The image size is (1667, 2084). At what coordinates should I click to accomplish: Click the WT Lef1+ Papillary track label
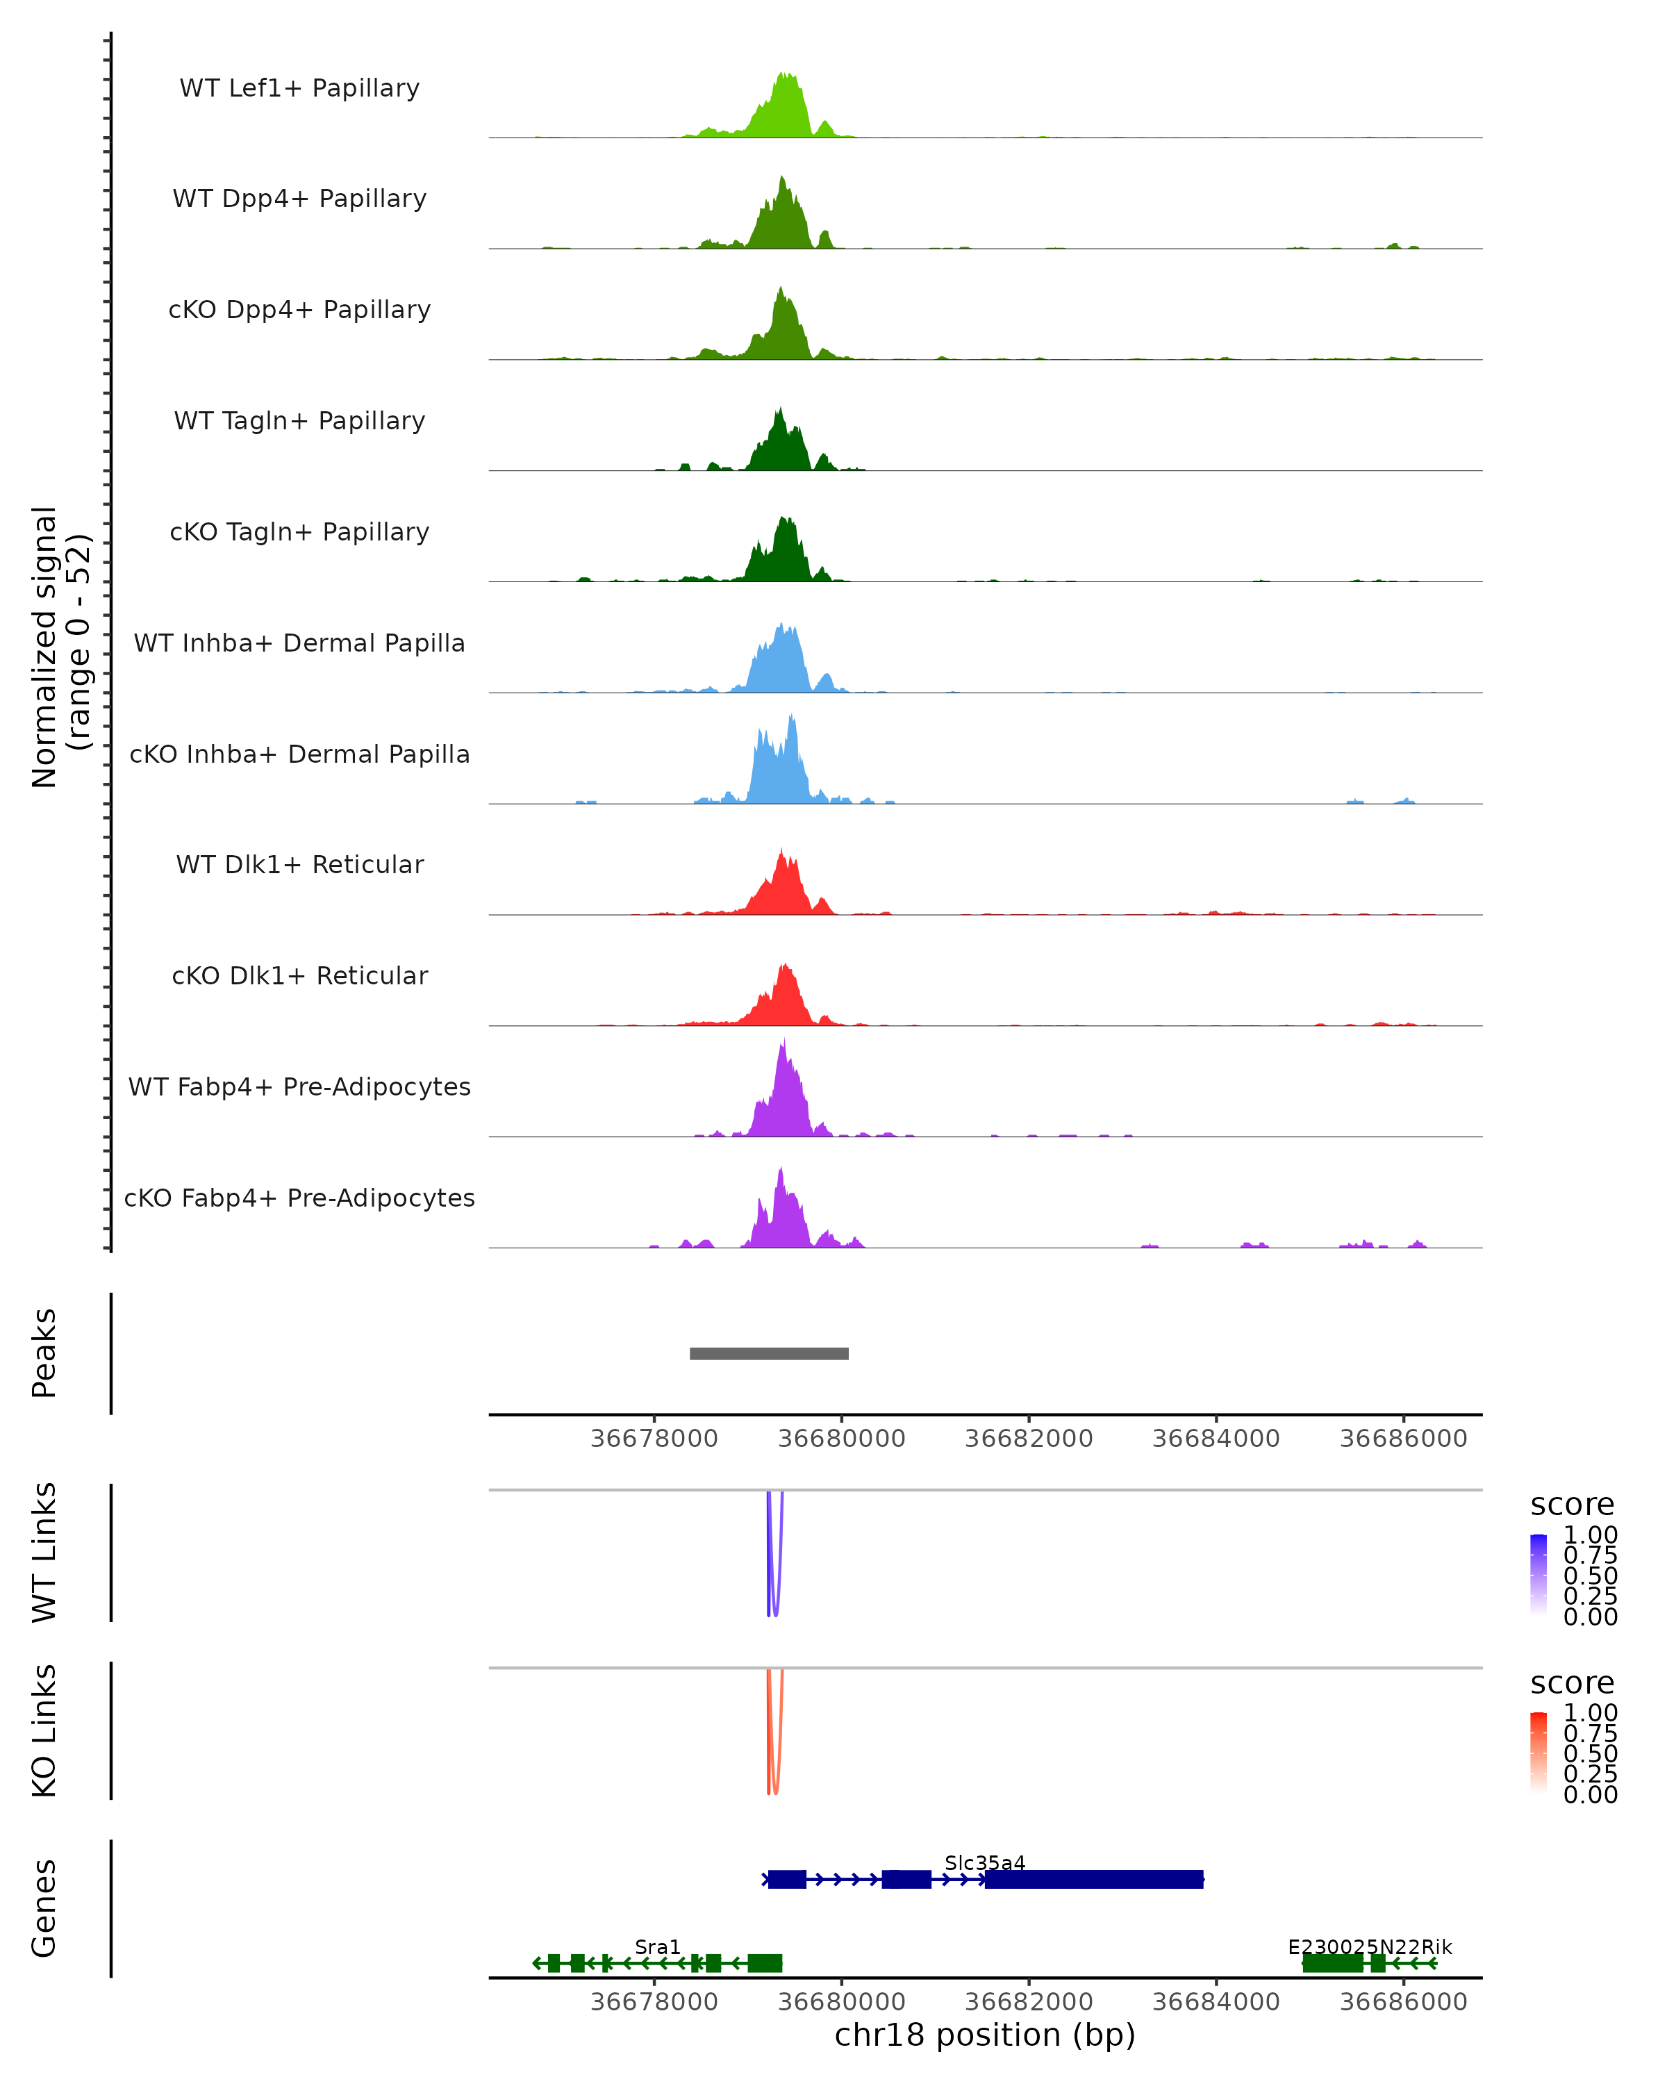(x=299, y=88)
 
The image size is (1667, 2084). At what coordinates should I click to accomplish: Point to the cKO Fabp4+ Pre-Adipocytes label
(x=299, y=1198)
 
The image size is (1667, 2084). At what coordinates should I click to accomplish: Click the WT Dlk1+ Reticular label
(x=299, y=864)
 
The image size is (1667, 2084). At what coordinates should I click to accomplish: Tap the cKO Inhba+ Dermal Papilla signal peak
(x=791, y=716)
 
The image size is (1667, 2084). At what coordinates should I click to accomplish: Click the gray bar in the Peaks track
(x=769, y=1353)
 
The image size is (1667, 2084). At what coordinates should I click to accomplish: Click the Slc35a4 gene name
(x=985, y=1862)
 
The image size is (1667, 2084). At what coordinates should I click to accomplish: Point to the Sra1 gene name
(x=657, y=1946)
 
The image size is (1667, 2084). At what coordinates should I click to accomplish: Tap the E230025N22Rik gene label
(x=1369, y=1946)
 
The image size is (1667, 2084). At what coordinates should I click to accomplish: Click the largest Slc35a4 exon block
(x=1094, y=1879)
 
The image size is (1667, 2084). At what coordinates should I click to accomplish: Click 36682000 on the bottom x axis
(x=1028, y=2002)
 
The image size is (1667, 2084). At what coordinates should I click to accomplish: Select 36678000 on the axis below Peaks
(x=654, y=1439)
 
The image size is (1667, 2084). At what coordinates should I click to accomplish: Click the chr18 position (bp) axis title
(x=985, y=2035)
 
